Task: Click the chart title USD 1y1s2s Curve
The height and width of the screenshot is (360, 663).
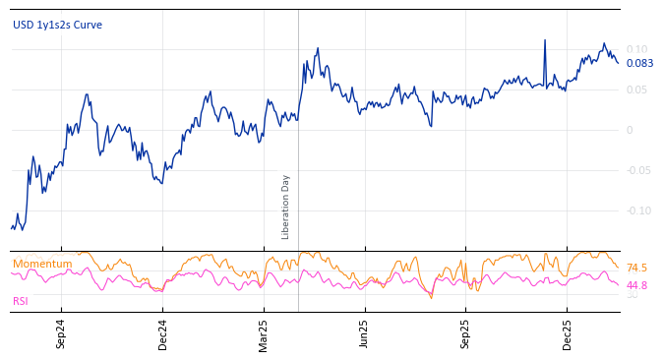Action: [x=57, y=26]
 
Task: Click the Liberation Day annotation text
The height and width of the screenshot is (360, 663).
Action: [x=286, y=207]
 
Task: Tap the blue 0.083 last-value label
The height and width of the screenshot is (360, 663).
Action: [x=639, y=64]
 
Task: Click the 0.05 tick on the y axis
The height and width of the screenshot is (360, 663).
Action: [x=636, y=90]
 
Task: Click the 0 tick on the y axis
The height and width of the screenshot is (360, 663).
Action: [x=630, y=130]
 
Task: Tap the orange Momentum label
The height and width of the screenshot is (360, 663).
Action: [x=42, y=264]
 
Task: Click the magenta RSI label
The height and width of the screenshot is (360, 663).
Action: [x=20, y=301]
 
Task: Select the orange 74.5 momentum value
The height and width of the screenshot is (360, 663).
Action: [x=636, y=268]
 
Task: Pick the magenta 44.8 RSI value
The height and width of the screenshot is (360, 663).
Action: [x=636, y=285]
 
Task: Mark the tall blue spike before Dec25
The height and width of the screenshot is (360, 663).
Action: [x=544, y=41]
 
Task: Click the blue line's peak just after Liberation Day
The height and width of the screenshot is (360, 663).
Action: [x=318, y=48]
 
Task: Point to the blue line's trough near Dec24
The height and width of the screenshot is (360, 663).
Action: [x=161, y=183]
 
